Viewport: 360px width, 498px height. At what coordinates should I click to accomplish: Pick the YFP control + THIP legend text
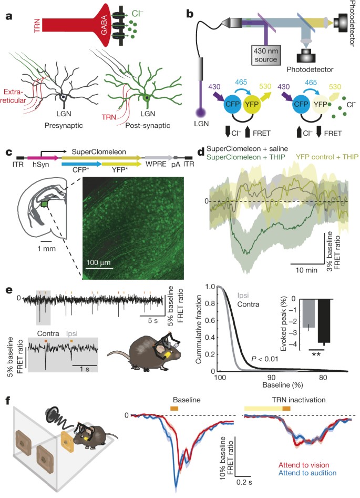pos(315,157)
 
